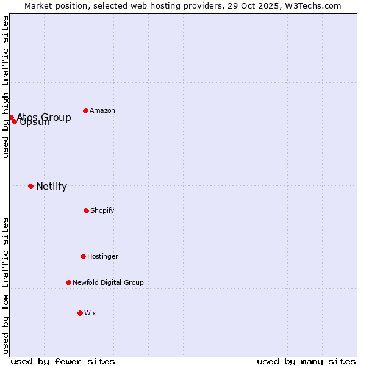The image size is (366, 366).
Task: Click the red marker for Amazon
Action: tap(85, 110)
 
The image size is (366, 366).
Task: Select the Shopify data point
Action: tap(86, 210)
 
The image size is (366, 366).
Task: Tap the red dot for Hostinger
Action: tap(83, 256)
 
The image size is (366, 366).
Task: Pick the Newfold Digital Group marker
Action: tap(68, 282)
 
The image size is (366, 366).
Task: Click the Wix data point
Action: tap(80, 313)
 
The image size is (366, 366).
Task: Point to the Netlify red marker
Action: tap(30, 186)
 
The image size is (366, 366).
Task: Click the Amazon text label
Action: tap(102, 110)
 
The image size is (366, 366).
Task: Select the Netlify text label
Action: tap(51, 186)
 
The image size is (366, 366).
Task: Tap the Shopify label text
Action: tap(102, 210)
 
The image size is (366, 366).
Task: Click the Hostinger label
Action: tap(102, 256)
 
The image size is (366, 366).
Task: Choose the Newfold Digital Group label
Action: tap(108, 282)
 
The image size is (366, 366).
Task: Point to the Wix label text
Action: tap(90, 313)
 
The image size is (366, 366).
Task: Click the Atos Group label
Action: tap(44, 117)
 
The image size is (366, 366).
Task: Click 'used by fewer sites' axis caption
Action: tap(63, 361)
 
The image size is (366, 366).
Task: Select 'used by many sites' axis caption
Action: tap(306, 361)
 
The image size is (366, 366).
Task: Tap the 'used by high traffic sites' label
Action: tap(5, 87)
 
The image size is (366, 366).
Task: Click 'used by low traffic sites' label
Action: tap(5, 285)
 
